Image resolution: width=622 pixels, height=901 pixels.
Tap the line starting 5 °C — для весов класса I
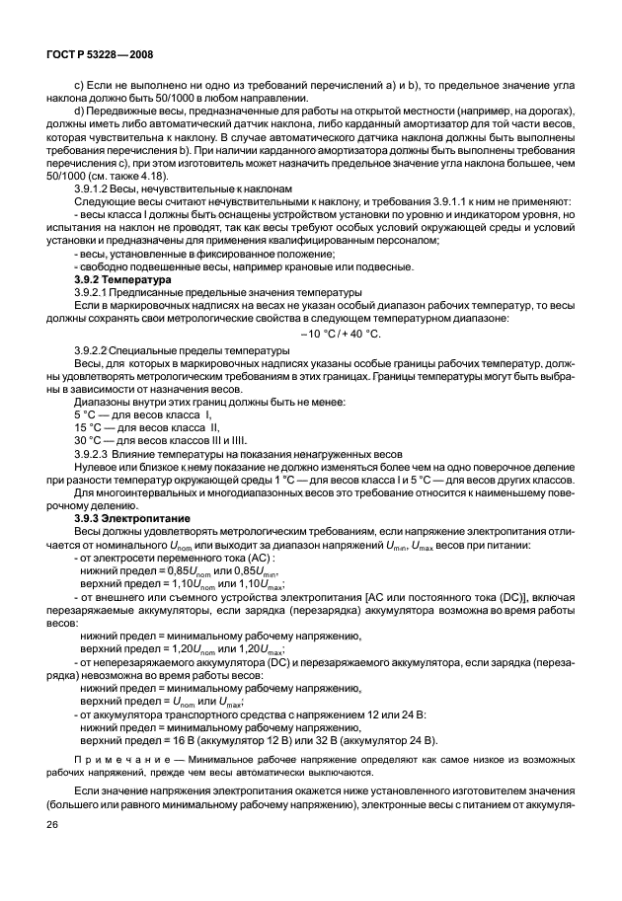coord(143,414)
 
